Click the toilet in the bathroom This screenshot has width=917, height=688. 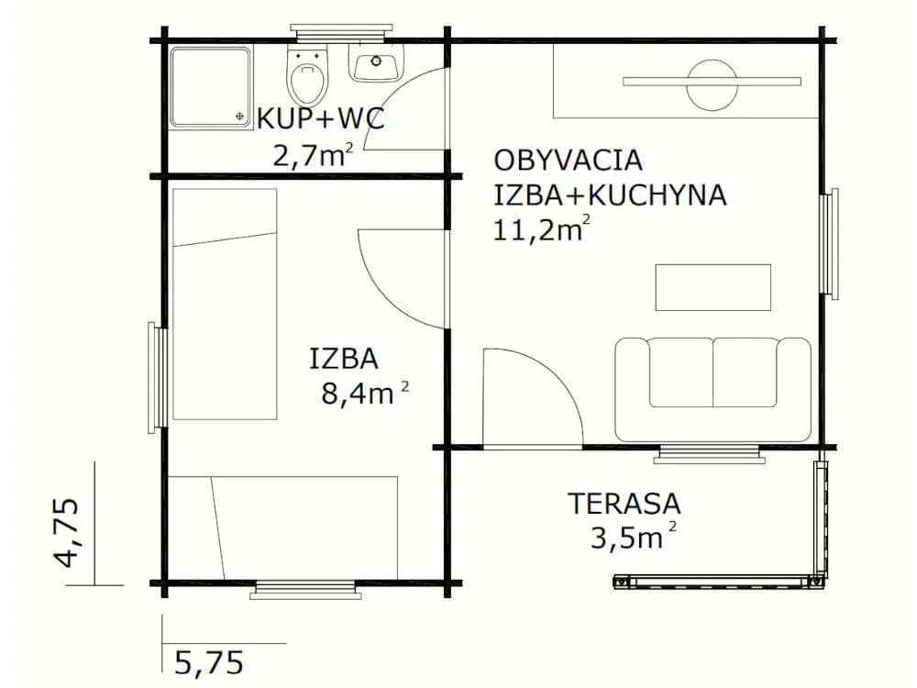pos(308,76)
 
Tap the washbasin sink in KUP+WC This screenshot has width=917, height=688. pos(377,63)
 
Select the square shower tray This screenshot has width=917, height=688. pos(211,87)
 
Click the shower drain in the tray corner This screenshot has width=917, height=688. pos(239,116)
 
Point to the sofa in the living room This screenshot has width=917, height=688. pos(713,389)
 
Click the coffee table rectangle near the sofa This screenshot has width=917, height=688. pos(713,287)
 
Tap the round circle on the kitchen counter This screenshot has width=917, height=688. pos(712,84)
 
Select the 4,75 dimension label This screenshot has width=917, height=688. pos(66,532)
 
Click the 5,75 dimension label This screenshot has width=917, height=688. pos(209,663)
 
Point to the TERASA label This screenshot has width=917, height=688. pos(624,504)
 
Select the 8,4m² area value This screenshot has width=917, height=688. pos(364,394)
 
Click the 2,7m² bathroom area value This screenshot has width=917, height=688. pos(313,156)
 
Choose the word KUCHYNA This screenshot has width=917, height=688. pos(657,195)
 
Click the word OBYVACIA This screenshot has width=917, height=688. pos(569,161)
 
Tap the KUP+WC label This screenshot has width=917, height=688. pos(321,119)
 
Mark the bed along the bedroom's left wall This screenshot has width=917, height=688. pos(225,305)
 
